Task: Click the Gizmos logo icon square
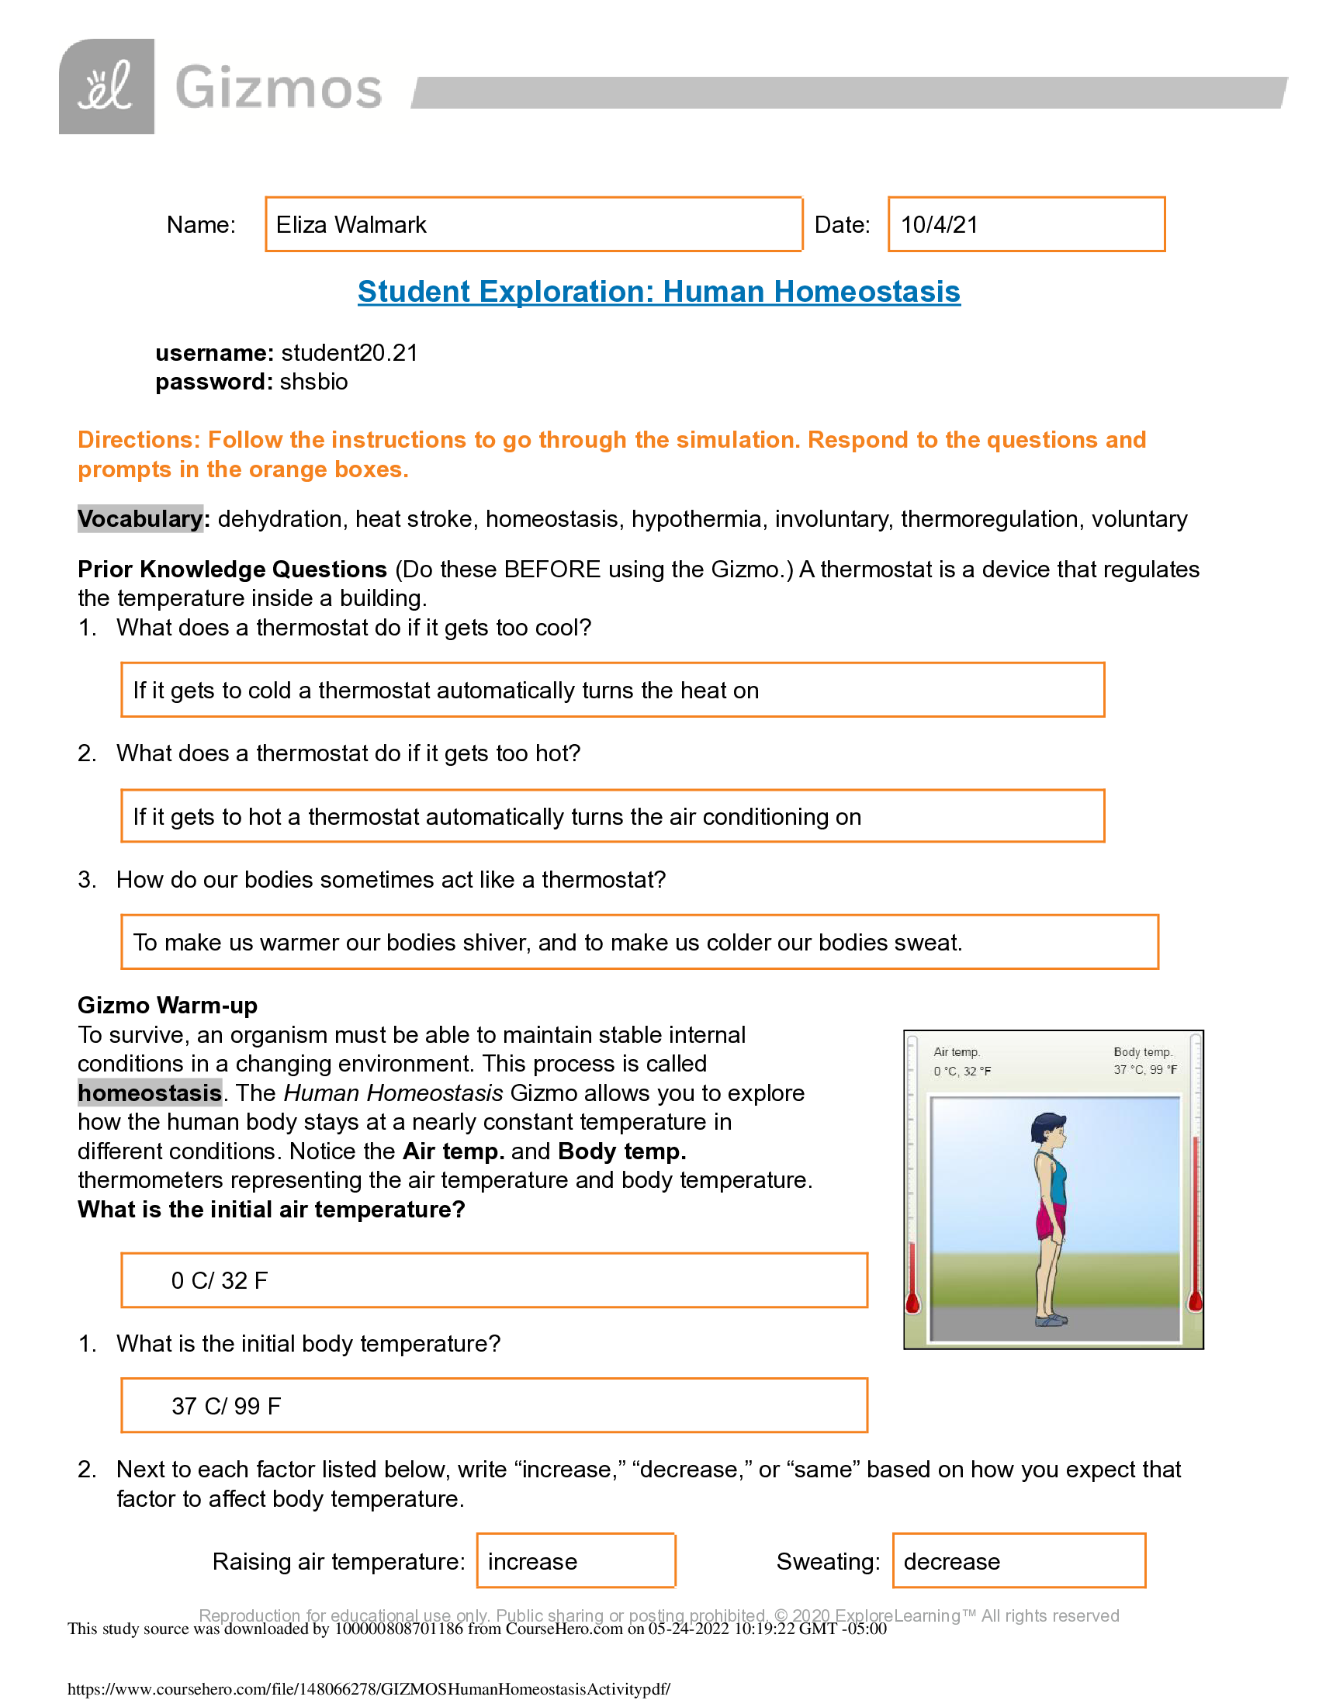106,87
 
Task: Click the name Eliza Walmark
351,225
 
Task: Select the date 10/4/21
940,225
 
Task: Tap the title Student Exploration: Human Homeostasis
659,292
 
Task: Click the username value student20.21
349,353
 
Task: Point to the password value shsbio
313,383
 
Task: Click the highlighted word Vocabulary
140,519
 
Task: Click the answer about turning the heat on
445,691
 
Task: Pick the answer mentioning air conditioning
497,817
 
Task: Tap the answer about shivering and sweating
547,943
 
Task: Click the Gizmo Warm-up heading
168,1005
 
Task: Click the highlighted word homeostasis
149,1092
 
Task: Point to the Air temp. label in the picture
957,1052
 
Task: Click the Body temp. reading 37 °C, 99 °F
1144,1070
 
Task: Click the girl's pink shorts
1050,1219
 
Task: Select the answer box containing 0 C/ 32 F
493,1280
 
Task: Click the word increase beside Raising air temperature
532,1562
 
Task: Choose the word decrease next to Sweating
951,1562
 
